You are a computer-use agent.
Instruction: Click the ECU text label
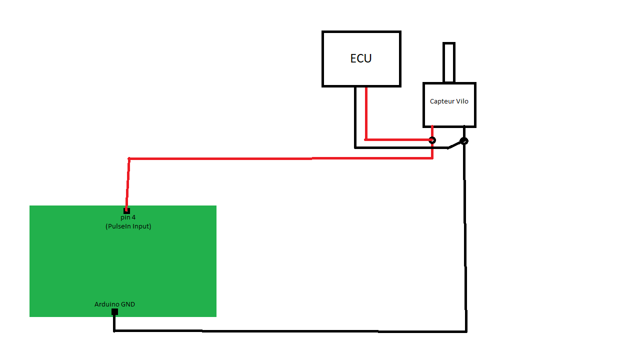[x=360, y=58]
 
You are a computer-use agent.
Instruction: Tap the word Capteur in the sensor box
[x=439, y=101]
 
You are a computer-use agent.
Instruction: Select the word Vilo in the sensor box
[x=462, y=101]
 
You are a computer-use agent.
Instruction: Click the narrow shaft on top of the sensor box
[x=448, y=62]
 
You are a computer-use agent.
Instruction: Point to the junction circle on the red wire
[x=432, y=140]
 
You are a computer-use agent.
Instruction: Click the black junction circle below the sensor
[x=464, y=141]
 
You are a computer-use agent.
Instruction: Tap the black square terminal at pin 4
[x=126, y=210]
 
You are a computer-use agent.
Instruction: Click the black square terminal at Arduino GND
[x=114, y=312]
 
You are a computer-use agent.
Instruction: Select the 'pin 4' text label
[x=128, y=217]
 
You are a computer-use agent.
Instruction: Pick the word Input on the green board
[x=142, y=226]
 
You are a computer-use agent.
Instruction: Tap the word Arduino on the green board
[x=107, y=304]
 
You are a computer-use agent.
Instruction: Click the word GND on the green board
[x=128, y=304]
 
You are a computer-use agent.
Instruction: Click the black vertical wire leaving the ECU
[x=355, y=117]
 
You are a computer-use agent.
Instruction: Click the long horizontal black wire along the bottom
[x=290, y=331]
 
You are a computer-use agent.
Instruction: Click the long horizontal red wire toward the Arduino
[x=280, y=158]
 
